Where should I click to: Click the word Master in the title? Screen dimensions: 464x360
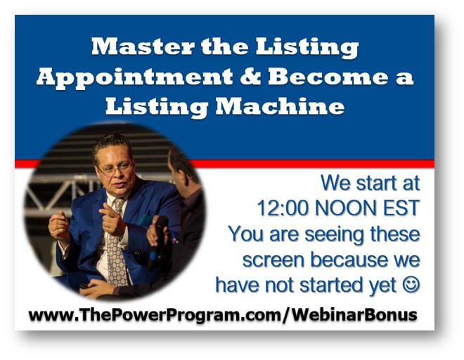pos(143,46)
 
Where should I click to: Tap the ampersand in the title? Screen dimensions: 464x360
pos(250,77)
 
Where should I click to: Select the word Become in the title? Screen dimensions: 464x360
pos(328,77)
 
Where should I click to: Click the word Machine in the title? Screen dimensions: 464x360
pos(280,106)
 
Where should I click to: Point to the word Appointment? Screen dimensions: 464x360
pos(135,78)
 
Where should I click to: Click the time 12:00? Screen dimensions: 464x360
pos(283,208)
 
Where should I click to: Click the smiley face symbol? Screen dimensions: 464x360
pos(411,285)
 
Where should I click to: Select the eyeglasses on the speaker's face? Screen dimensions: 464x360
pos(116,169)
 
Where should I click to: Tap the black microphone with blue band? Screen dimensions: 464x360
pos(157,240)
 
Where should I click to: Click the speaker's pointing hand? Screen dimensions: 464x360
pos(112,219)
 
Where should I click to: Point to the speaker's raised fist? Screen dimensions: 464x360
pos(58,226)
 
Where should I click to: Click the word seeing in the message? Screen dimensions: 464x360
pos(334,235)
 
